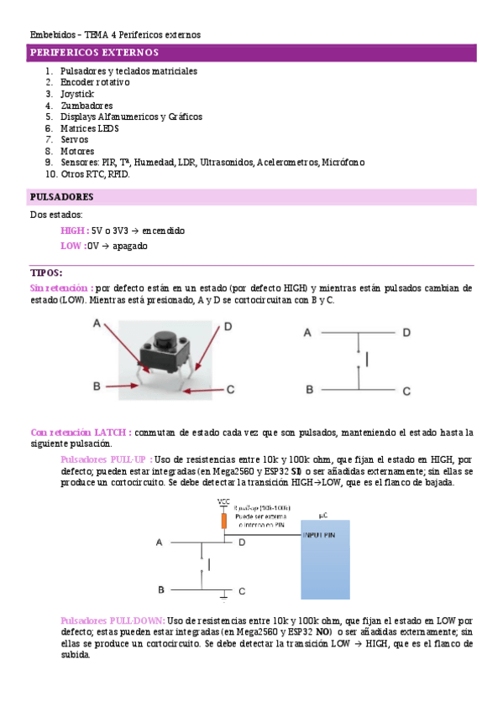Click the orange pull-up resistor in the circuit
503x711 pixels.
[224, 521]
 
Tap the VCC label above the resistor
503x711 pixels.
[224, 501]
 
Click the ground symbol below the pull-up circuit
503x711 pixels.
[223, 595]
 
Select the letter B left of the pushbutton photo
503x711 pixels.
[97, 386]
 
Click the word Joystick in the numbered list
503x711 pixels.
[77, 95]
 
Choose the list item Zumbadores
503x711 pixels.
[86, 106]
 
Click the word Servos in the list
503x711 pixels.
[74, 140]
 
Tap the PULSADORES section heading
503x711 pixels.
[60, 197]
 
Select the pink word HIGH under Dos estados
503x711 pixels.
[74, 230]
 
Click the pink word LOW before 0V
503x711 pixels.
[71, 246]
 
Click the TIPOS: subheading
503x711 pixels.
[46, 273]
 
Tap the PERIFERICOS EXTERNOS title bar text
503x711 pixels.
[88, 53]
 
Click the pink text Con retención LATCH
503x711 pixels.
[80, 432]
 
